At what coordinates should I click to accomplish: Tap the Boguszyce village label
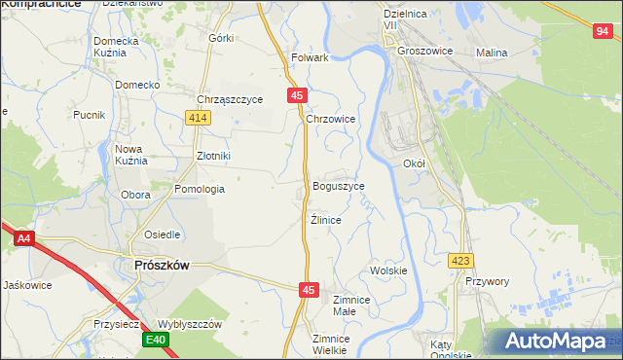[339, 186]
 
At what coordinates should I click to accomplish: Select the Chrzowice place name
[331, 119]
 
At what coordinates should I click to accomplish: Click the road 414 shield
[199, 118]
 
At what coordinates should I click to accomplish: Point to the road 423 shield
[461, 261]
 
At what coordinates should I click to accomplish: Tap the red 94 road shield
[602, 32]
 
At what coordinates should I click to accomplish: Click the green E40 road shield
[156, 340]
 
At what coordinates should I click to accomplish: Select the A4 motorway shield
[23, 236]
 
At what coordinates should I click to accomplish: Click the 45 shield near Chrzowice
[298, 94]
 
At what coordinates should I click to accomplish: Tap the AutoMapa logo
[555, 342]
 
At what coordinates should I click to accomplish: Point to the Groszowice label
[427, 52]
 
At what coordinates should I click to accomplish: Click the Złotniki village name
[213, 155]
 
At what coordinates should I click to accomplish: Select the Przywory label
[488, 281]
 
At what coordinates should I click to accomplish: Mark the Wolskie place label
[388, 270]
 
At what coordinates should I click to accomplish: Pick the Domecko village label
[137, 85]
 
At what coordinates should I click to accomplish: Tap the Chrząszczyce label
[231, 99]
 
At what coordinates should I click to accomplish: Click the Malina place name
[492, 52]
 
